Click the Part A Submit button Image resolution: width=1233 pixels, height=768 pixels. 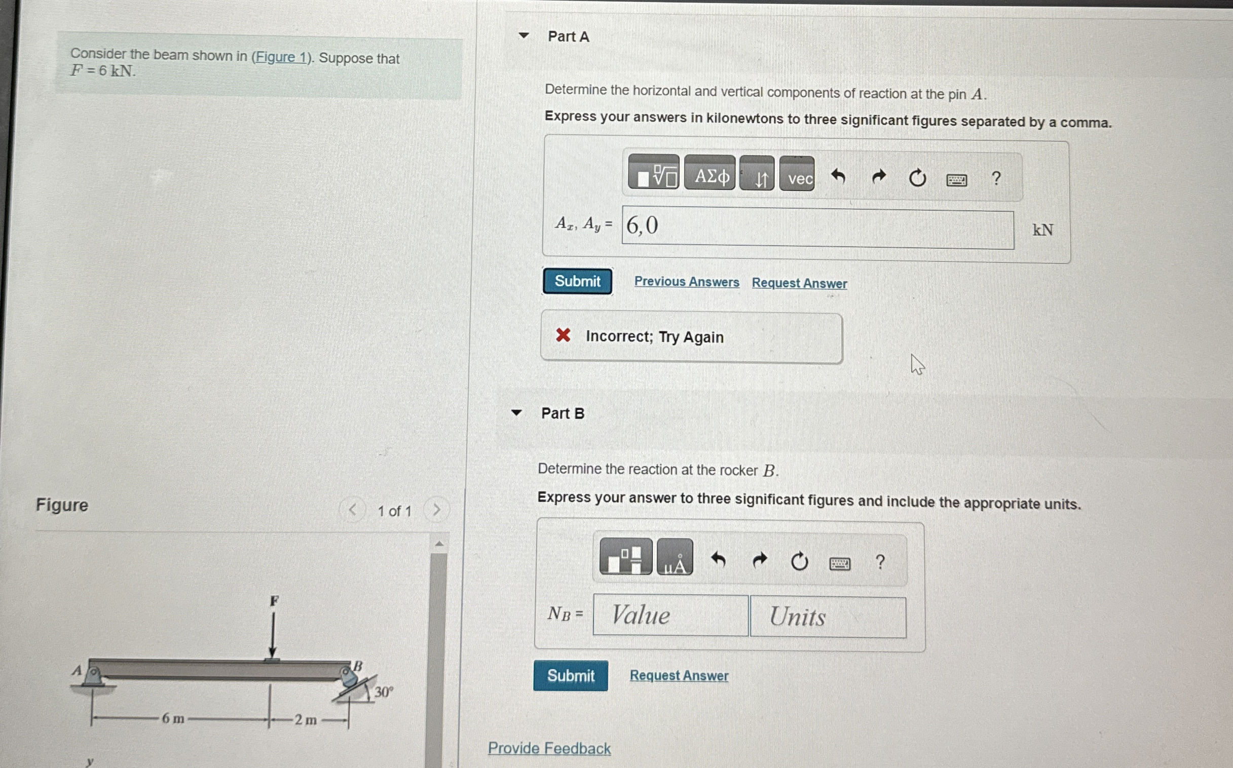click(577, 281)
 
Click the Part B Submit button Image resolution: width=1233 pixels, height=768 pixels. click(571, 676)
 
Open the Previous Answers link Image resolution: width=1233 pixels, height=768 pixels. click(686, 282)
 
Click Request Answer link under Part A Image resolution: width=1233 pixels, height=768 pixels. click(799, 283)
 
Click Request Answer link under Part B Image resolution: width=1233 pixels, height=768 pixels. click(679, 676)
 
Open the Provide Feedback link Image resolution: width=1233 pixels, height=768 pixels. click(549, 748)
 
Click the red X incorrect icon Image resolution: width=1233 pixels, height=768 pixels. click(563, 335)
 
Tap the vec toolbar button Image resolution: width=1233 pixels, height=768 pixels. click(797, 174)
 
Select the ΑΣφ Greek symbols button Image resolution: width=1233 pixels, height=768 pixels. click(709, 173)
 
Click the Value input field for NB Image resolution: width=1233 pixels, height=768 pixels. click(670, 615)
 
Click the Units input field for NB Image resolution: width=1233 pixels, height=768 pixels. click(828, 617)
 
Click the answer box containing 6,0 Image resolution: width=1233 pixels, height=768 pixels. click(818, 227)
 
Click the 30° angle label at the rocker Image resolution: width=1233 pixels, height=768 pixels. click(384, 692)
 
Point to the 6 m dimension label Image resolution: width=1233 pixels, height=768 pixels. click(173, 719)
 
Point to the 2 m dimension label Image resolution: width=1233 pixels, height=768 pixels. click(306, 720)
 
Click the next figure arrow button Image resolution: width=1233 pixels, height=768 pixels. click(436, 510)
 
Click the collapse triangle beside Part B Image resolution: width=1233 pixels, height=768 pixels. click(516, 412)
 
